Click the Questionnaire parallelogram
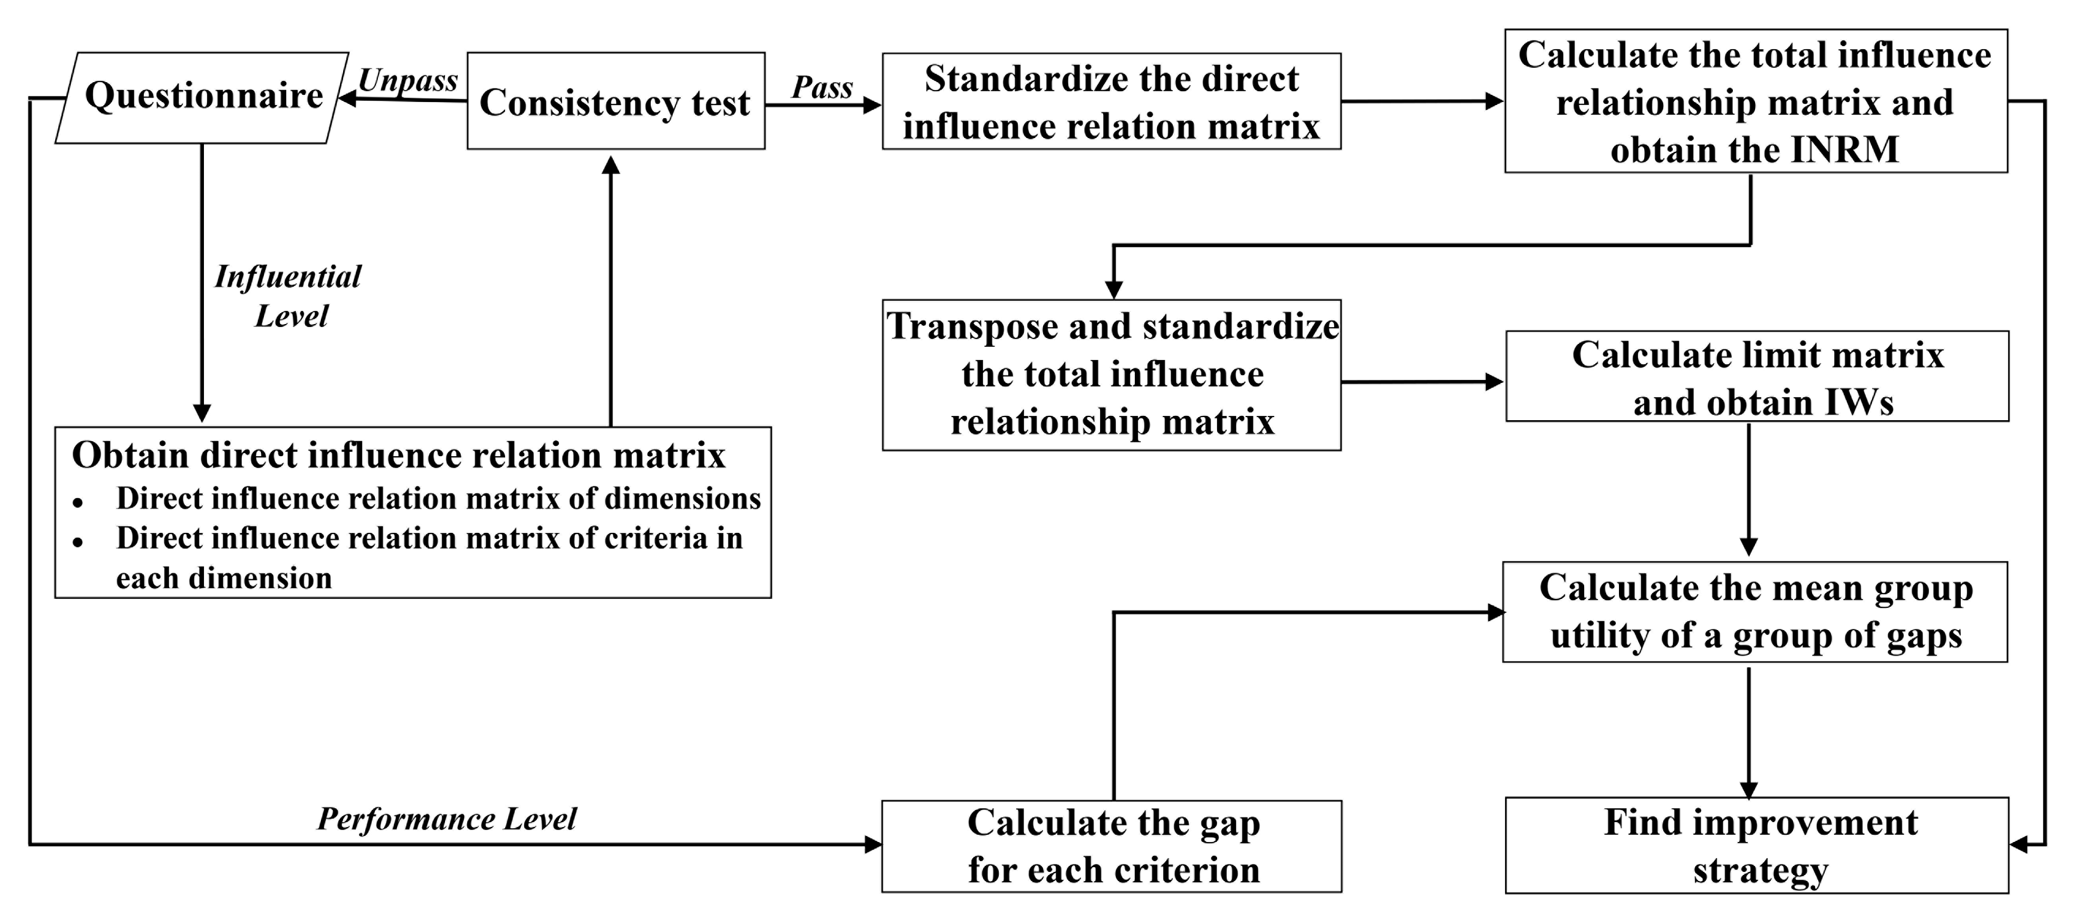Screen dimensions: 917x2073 click(202, 97)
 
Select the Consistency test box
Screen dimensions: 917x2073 click(615, 101)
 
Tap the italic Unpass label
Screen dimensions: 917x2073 click(407, 80)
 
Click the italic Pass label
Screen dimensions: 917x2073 click(822, 86)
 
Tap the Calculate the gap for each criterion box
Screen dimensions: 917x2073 click(1111, 846)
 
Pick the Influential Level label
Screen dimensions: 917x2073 click(288, 295)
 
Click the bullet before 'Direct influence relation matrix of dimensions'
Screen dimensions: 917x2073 click(78, 503)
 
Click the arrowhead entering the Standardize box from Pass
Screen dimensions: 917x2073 click(872, 104)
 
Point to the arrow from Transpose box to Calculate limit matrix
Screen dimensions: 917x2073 click(1421, 382)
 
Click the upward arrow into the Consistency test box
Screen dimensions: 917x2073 click(611, 290)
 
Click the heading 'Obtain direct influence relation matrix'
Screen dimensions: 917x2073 click(398, 455)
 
